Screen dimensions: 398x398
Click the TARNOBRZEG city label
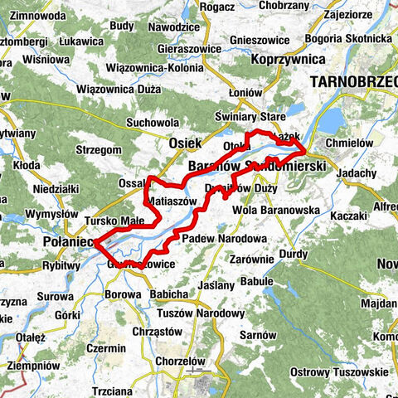(352, 81)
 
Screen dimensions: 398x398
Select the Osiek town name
(184, 143)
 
